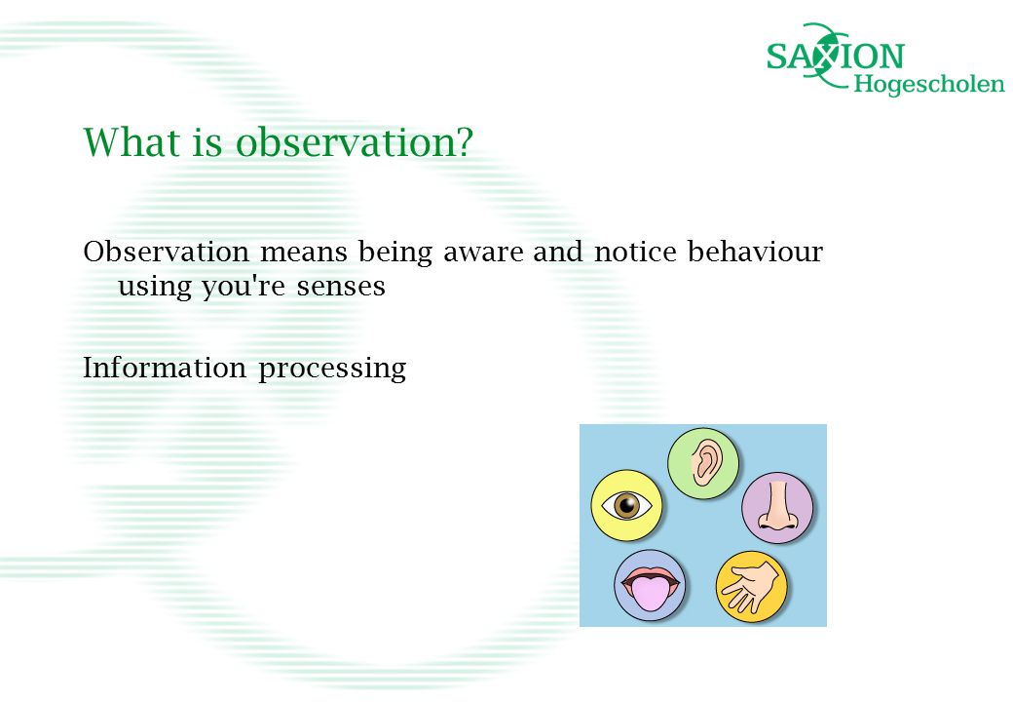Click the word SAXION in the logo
(836, 57)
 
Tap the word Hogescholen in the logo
(929, 84)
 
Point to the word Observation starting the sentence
(166, 252)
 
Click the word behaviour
(755, 252)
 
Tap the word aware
(483, 253)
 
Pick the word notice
(635, 252)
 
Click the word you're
(244, 287)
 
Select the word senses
(341, 287)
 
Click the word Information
(165, 368)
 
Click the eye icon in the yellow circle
(626, 505)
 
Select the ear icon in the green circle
(704, 463)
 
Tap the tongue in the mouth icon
(650, 594)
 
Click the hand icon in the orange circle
(751, 586)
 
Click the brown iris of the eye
(626, 505)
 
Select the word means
(304, 253)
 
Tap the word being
(395, 253)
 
